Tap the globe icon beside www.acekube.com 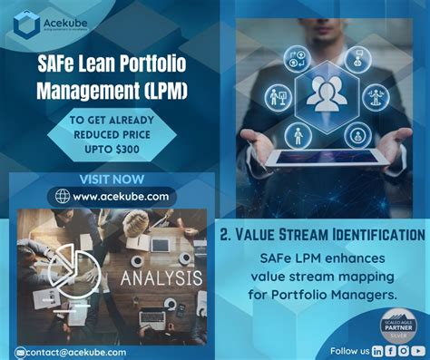[62, 196]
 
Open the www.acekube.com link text [121, 196]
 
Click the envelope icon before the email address [21, 351]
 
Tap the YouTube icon [419, 350]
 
